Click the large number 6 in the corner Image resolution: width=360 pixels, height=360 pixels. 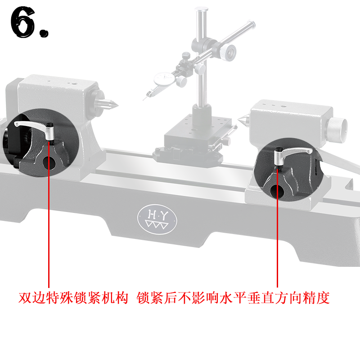pos(22,22)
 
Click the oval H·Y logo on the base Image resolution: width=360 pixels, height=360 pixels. pos(157,219)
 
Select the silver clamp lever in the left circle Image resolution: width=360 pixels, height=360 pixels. pos(34,129)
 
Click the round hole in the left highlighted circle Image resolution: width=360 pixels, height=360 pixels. pos(49,162)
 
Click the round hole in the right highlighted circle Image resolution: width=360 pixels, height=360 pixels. pos(277,190)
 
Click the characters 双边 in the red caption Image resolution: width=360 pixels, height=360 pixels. pos(31,298)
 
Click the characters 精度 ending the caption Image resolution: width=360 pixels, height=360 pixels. pos(316,298)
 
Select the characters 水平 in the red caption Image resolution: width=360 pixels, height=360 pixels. pos(233,298)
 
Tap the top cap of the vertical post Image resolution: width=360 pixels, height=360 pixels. pos(202,9)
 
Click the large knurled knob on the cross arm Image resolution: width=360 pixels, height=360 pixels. pos(228,53)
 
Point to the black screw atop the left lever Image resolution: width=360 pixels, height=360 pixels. pos(51,125)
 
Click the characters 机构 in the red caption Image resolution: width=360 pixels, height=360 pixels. pos(115,298)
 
